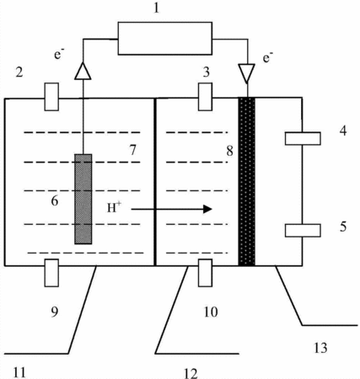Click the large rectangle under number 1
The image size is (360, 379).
point(164,38)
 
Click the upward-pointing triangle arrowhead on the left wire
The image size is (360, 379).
point(83,71)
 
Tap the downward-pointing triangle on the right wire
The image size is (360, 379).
point(246,73)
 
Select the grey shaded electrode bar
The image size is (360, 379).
point(83,199)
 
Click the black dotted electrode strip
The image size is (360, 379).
point(247,181)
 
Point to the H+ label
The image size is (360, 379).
point(114,208)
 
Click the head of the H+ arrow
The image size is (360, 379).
point(207,209)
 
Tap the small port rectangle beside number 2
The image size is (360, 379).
point(51,97)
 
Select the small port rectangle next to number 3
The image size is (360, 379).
point(205,97)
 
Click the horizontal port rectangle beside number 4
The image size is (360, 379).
point(303,138)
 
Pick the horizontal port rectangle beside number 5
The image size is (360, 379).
point(303,231)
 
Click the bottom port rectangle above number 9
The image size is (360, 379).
point(51,273)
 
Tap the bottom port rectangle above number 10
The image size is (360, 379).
point(205,273)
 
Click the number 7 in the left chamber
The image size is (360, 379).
point(133,150)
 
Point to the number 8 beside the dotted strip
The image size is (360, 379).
point(230,151)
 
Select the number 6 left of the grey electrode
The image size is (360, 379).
point(55,200)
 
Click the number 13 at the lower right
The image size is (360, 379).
point(320,348)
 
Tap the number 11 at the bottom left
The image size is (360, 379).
point(19,372)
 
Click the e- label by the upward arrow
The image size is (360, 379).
point(59,53)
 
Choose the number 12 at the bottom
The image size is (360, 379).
point(191,373)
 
